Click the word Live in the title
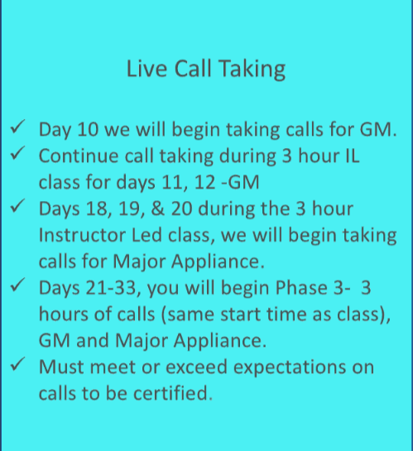[x=146, y=69]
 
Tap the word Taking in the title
[x=252, y=70]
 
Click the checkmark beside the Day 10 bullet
[x=17, y=127]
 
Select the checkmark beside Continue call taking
[x=17, y=153]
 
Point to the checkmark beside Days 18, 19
[x=17, y=206]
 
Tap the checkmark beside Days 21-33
[x=17, y=285]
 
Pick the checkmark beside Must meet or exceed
[x=17, y=364]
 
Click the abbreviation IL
[x=352, y=156]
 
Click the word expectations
[x=290, y=368]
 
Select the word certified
[x=170, y=393]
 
